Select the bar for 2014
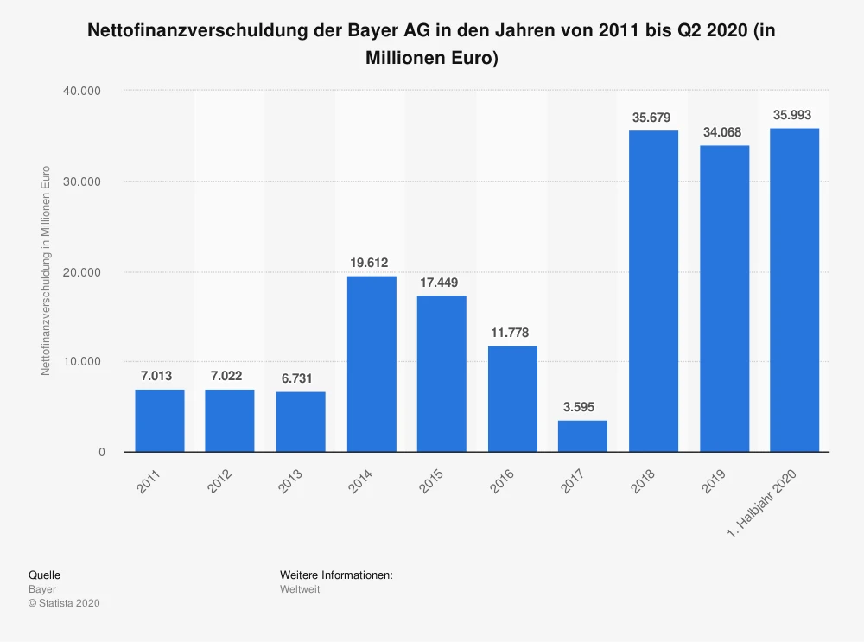(372, 364)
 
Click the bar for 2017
(582, 435)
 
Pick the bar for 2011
(160, 420)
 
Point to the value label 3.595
(582, 407)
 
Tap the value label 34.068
(724, 132)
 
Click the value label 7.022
(230, 376)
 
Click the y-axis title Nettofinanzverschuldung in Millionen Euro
(46, 270)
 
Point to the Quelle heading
(44, 575)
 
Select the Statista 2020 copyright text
(64, 603)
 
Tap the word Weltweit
(300, 589)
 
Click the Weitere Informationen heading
(336, 575)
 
